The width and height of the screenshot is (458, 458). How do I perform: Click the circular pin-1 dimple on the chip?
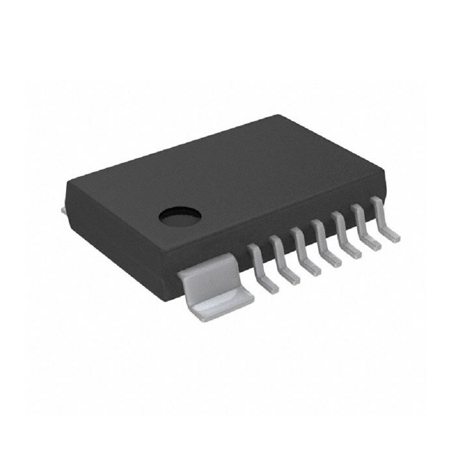click(180, 216)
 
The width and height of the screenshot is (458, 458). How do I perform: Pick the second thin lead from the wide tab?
click(282, 260)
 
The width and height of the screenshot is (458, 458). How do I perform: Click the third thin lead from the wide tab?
click(304, 251)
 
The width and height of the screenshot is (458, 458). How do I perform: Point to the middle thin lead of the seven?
click(324, 243)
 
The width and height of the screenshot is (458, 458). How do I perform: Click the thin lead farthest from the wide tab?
click(384, 219)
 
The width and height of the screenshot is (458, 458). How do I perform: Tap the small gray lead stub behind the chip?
click(63, 210)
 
